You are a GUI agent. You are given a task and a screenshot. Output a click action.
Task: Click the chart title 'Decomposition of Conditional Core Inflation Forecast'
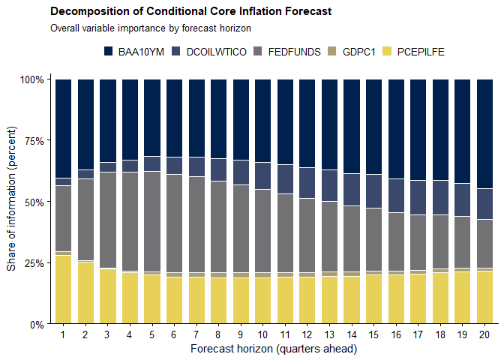pyautogui.click(x=191, y=11)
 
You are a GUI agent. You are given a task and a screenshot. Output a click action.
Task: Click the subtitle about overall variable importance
pyautogui.click(x=151, y=28)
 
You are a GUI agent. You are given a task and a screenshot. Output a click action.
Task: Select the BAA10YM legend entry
pyautogui.click(x=134, y=52)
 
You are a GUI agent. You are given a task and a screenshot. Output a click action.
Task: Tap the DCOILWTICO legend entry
pyautogui.click(x=209, y=52)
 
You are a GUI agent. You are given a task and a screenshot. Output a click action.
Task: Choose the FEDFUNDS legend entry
pyautogui.click(x=287, y=52)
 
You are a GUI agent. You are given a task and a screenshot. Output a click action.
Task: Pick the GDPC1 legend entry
pyautogui.click(x=352, y=52)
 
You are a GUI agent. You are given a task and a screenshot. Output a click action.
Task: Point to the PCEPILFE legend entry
pyautogui.click(x=414, y=52)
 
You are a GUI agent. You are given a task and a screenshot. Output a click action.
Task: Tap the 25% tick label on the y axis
pyautogui.click(x=34, y=263)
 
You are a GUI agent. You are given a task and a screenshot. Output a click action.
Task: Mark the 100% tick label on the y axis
pyautogui.click(x=31, y=79)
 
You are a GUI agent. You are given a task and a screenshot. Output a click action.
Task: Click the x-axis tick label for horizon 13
pyautogui.click(x=329, y=334)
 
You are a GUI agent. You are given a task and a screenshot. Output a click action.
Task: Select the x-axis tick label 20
pyautogui.click(x=484, y=334)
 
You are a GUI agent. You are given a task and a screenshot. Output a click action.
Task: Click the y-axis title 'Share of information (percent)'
pyautogui.click(x=11, y=199)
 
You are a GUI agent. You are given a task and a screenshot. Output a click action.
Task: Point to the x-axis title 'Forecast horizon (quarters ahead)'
pyautogui.click(x=274, y=349)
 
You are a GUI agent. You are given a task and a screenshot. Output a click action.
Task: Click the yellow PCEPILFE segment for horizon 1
pyautogui.click(x=63, y=289)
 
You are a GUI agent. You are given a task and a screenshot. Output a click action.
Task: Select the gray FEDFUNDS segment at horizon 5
pyautogui.click(x=152, y=221)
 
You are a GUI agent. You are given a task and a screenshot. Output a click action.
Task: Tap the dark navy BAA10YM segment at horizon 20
pyautogui.click(x=484, y=133)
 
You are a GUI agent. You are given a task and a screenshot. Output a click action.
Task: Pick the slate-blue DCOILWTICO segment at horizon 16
pyautogui.click(x=396, y=196)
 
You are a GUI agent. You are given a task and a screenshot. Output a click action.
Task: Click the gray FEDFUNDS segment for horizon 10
pyautogui.click(x=263, y=231)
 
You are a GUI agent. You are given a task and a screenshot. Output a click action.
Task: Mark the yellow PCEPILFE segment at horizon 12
pyautogui.click(x=307, y=300)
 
